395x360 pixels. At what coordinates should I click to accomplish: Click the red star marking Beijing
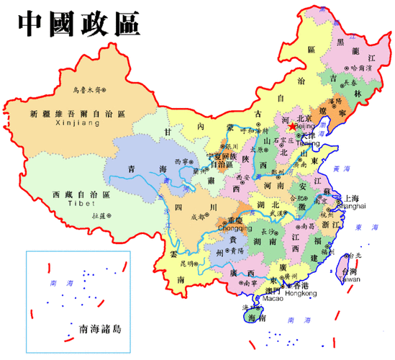coord(292,127)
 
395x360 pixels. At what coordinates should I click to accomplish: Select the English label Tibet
coord(80,204)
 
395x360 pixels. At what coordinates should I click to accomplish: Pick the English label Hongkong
coord(301,293)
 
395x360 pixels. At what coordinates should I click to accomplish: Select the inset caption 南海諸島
coord(100,330)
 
